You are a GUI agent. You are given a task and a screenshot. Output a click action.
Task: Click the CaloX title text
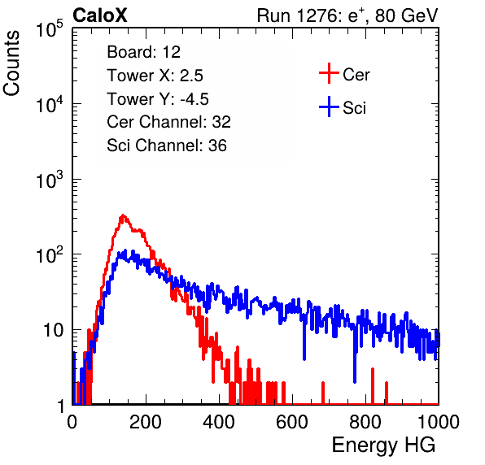point(100,15)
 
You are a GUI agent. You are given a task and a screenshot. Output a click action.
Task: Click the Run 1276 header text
point(347,15)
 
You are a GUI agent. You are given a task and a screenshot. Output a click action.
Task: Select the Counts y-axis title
point(11,63)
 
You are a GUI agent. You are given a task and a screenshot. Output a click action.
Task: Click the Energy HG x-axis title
point(383,445)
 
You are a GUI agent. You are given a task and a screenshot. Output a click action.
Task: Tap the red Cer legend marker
point(329,73)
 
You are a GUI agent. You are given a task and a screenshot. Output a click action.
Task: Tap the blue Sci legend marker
point(329,106)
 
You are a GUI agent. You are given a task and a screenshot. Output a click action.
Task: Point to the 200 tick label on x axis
point(146,422)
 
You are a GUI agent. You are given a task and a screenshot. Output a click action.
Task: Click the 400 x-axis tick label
point(219,422)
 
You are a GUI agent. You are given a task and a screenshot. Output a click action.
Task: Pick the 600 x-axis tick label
point(292,422)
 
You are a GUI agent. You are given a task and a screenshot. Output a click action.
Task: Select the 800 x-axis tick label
point(365,422)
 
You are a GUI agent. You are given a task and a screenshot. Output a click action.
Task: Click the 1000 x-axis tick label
point(439,422)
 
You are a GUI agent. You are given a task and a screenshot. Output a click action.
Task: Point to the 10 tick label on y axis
point(54,330)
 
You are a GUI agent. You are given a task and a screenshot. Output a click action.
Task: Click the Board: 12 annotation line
point(143,52)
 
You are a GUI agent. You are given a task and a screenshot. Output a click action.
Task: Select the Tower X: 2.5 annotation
point(155,76)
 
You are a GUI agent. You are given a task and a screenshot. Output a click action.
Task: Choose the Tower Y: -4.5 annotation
point(158,99)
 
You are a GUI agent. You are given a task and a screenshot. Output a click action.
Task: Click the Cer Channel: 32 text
point(169,122)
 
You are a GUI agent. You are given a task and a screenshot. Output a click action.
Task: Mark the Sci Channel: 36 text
point(167,146)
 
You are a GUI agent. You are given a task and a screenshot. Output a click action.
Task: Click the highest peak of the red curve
point(123,215)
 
